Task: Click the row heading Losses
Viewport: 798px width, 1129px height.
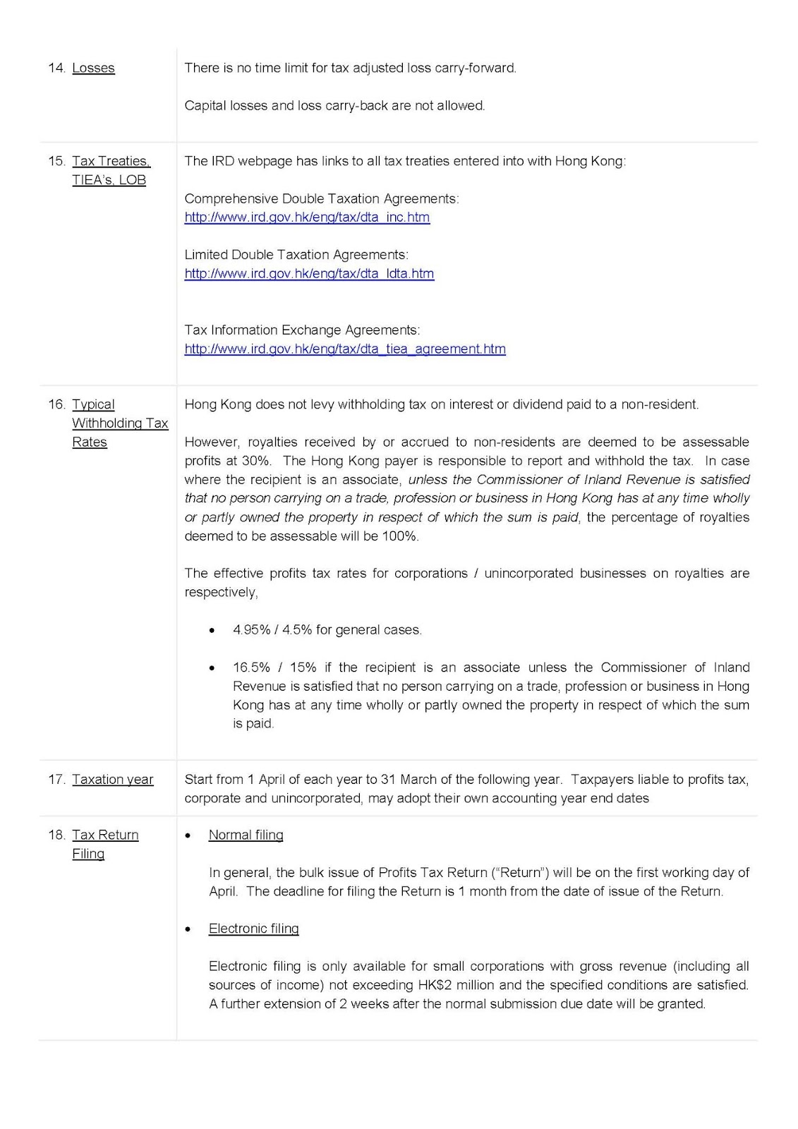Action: (93, 68)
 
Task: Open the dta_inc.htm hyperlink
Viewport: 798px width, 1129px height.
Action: (307, 217)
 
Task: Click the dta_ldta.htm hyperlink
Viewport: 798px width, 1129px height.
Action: (309, 274)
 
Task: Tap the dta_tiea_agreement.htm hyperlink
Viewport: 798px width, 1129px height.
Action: (345, 349)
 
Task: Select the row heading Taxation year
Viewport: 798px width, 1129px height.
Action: (112, 780)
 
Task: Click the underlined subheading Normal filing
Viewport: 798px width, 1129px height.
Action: (246, 835)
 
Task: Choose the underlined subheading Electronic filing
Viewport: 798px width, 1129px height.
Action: (253, 929)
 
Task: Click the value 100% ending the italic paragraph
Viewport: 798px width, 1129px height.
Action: (401, 536)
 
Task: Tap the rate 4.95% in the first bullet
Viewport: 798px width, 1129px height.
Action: (251, 630)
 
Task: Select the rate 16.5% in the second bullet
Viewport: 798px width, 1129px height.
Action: (251, 668)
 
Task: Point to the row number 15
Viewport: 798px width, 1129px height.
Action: (56, 162)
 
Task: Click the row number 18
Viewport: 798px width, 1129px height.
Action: (56, 835)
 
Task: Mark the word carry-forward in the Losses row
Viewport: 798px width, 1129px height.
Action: (480, 68)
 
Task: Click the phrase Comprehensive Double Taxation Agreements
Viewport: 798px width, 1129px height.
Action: (321, 199)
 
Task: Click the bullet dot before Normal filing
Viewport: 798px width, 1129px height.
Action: (188, 836)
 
